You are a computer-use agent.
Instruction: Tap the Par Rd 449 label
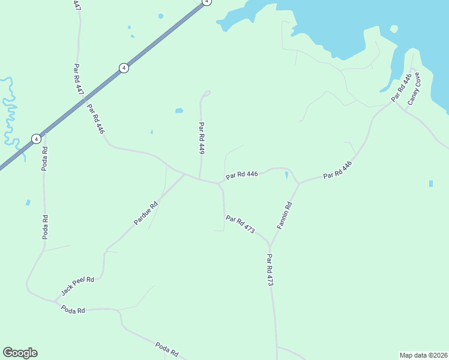pos(202,139)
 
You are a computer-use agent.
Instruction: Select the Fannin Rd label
pos(285,215)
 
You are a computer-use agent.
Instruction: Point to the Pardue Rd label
pos(146,213)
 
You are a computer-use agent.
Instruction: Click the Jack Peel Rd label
pos(78,286)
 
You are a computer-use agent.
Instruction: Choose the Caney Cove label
pos(414,89)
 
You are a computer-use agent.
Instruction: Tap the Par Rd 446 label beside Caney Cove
pos(402,88)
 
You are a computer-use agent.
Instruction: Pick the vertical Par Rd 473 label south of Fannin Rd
pos(270,270)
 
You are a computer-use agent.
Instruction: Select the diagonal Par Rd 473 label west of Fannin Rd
pos(241,224)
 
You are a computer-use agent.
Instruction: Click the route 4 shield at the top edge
pos(206,2)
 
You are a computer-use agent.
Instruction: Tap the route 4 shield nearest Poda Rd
pos(36,139)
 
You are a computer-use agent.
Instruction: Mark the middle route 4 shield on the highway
pos(124,68)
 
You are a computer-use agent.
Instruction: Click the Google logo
pos(20,353)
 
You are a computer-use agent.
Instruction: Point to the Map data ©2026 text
pos(423,355)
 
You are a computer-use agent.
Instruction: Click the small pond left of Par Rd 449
pos(179,111)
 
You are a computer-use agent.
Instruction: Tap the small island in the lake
pos(394,29)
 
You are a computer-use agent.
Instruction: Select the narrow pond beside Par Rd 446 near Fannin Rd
pos(286,176)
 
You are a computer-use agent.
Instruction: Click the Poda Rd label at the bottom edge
pos(167,349)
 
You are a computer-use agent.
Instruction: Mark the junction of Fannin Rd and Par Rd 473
pos(270,247)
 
